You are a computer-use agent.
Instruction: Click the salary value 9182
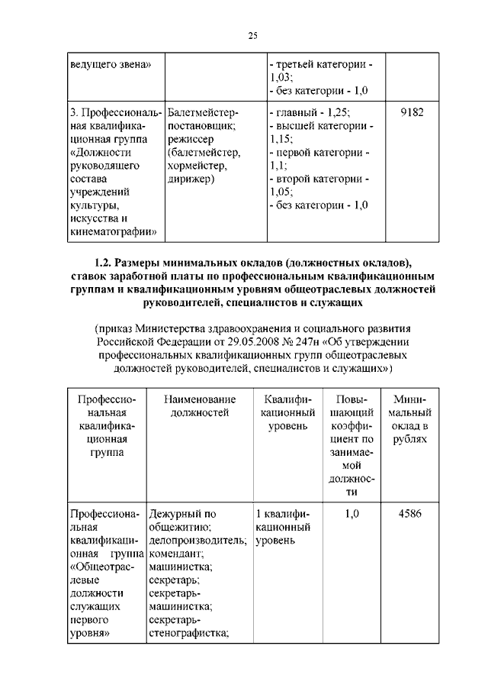pyautogui.click(x=412, y=112)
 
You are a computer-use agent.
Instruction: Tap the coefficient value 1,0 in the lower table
pyautogui.click(x=352, y=513)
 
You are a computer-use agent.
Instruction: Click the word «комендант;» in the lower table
pyautogui.click(x=175, y=553)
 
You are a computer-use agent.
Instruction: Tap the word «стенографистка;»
pyautogui.click(x=189, y=633)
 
